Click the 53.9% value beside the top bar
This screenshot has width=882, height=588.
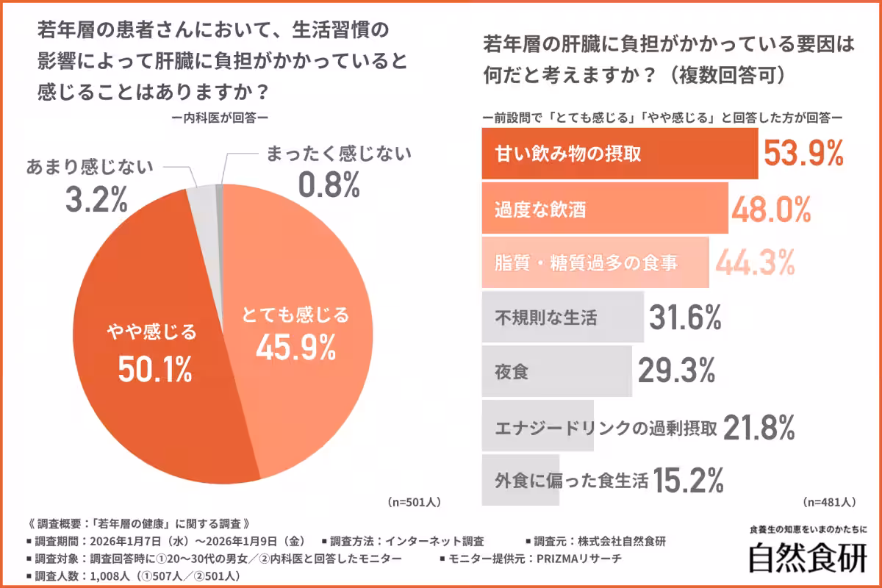(x=803, y=154)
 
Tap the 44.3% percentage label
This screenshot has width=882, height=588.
(x=754, y=262)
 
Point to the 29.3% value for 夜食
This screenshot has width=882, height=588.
(x=676, y=371)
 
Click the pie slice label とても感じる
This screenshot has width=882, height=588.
(x=296, y=316)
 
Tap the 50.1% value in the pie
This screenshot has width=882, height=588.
(x=155, y=369)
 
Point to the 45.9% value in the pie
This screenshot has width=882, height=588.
(x=296, y=349)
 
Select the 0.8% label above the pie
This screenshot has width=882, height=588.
(x=329, y=185)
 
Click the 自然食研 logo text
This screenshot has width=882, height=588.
(x=807, y=557)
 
